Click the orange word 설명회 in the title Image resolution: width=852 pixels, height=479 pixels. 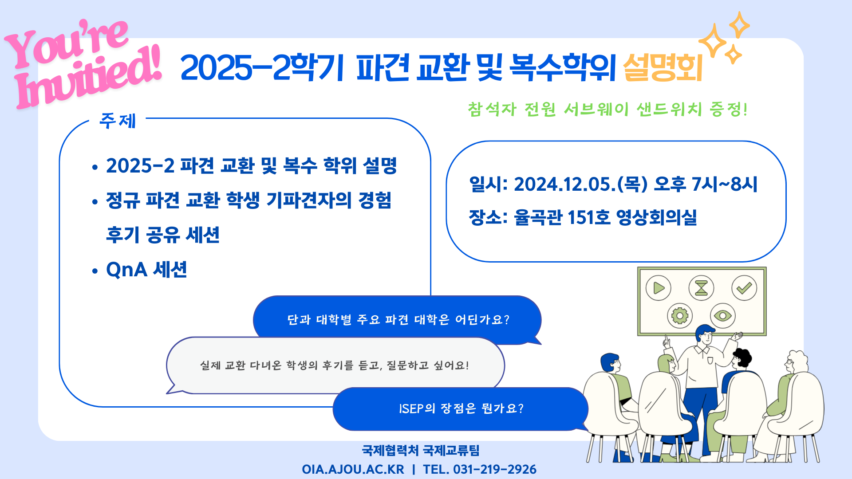tap(663, 67)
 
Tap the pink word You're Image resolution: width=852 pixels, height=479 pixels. tap(67, 44)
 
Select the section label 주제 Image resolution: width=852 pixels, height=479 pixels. tap(118, 121)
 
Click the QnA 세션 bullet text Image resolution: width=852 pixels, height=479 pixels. tap(146, 269)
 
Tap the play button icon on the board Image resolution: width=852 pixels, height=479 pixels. tap(659, 288)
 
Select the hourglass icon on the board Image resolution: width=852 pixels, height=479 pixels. tap(701, 288)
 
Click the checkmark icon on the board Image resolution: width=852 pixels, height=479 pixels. tap(744, 288)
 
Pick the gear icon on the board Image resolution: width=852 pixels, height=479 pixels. tap(680, 316)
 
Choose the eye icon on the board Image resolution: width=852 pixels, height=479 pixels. tap(723, 316)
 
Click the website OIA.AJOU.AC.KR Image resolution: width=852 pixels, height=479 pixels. tap(353, 469)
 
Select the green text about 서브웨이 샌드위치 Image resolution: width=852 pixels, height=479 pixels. tap(607, 109)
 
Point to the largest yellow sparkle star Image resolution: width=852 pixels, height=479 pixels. tap(713, 41)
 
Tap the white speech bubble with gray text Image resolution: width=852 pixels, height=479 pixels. tap(335, 365)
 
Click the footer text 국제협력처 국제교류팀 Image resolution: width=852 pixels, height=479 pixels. tap(421, 451)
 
